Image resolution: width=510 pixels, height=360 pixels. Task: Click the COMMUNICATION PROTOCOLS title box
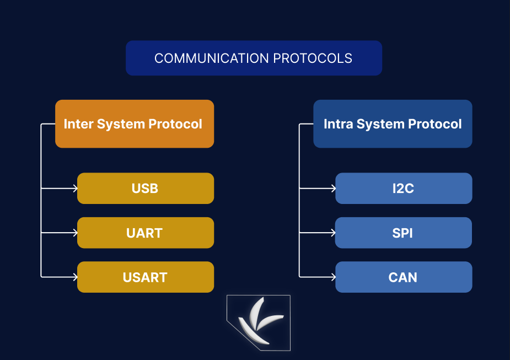254,58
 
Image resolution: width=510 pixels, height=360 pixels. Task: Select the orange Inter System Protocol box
135,124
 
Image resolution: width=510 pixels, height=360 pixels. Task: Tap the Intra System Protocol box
393,124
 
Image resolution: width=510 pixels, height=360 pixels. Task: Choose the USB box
146,189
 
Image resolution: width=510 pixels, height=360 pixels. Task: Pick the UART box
146,233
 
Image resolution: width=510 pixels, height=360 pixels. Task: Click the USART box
146,277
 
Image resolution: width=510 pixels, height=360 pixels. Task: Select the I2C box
404,189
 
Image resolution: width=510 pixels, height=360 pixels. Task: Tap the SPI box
404,233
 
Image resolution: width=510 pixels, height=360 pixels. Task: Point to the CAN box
404,277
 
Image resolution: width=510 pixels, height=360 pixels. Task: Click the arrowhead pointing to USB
76,189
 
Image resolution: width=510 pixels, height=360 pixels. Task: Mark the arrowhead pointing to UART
76,233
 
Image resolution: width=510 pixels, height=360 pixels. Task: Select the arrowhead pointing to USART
76,277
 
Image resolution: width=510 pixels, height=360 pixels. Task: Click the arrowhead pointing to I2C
334,189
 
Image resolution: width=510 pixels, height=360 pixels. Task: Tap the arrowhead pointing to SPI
334,233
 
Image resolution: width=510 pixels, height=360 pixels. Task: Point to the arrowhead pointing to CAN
334,277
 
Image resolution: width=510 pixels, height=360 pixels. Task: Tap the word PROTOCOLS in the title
313,58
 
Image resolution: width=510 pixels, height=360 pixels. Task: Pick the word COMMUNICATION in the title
211,58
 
